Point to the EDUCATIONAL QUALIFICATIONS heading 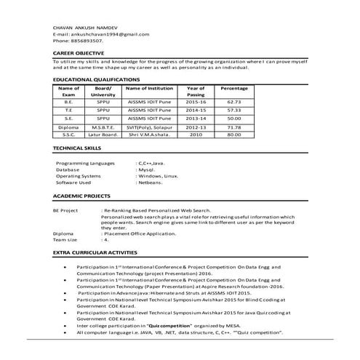point(96,79)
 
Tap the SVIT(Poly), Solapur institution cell point(148,127)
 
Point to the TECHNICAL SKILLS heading point(78,148)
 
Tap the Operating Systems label point(79,176)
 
